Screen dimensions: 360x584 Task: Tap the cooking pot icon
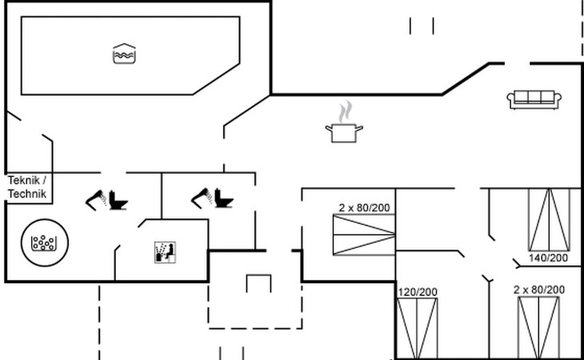coord(344,132)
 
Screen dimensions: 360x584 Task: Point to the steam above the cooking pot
coord(344,110)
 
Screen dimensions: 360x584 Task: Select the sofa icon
coord(532,99)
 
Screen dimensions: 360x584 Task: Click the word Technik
coord(27,194)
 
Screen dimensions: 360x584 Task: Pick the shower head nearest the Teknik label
coord(96,198)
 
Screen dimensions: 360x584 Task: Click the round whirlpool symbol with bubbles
coord(45,240)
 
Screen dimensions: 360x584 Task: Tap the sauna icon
coord(164,252)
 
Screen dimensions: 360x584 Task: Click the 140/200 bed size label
coord(548,258)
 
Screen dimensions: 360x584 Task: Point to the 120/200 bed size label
coord(418,292)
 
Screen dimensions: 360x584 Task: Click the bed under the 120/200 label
coord(418,328)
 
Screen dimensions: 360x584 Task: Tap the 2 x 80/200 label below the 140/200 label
coord(539,289)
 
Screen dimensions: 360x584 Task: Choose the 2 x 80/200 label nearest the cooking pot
coord(364,208)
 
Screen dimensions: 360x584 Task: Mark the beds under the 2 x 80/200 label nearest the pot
coord(364,235)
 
